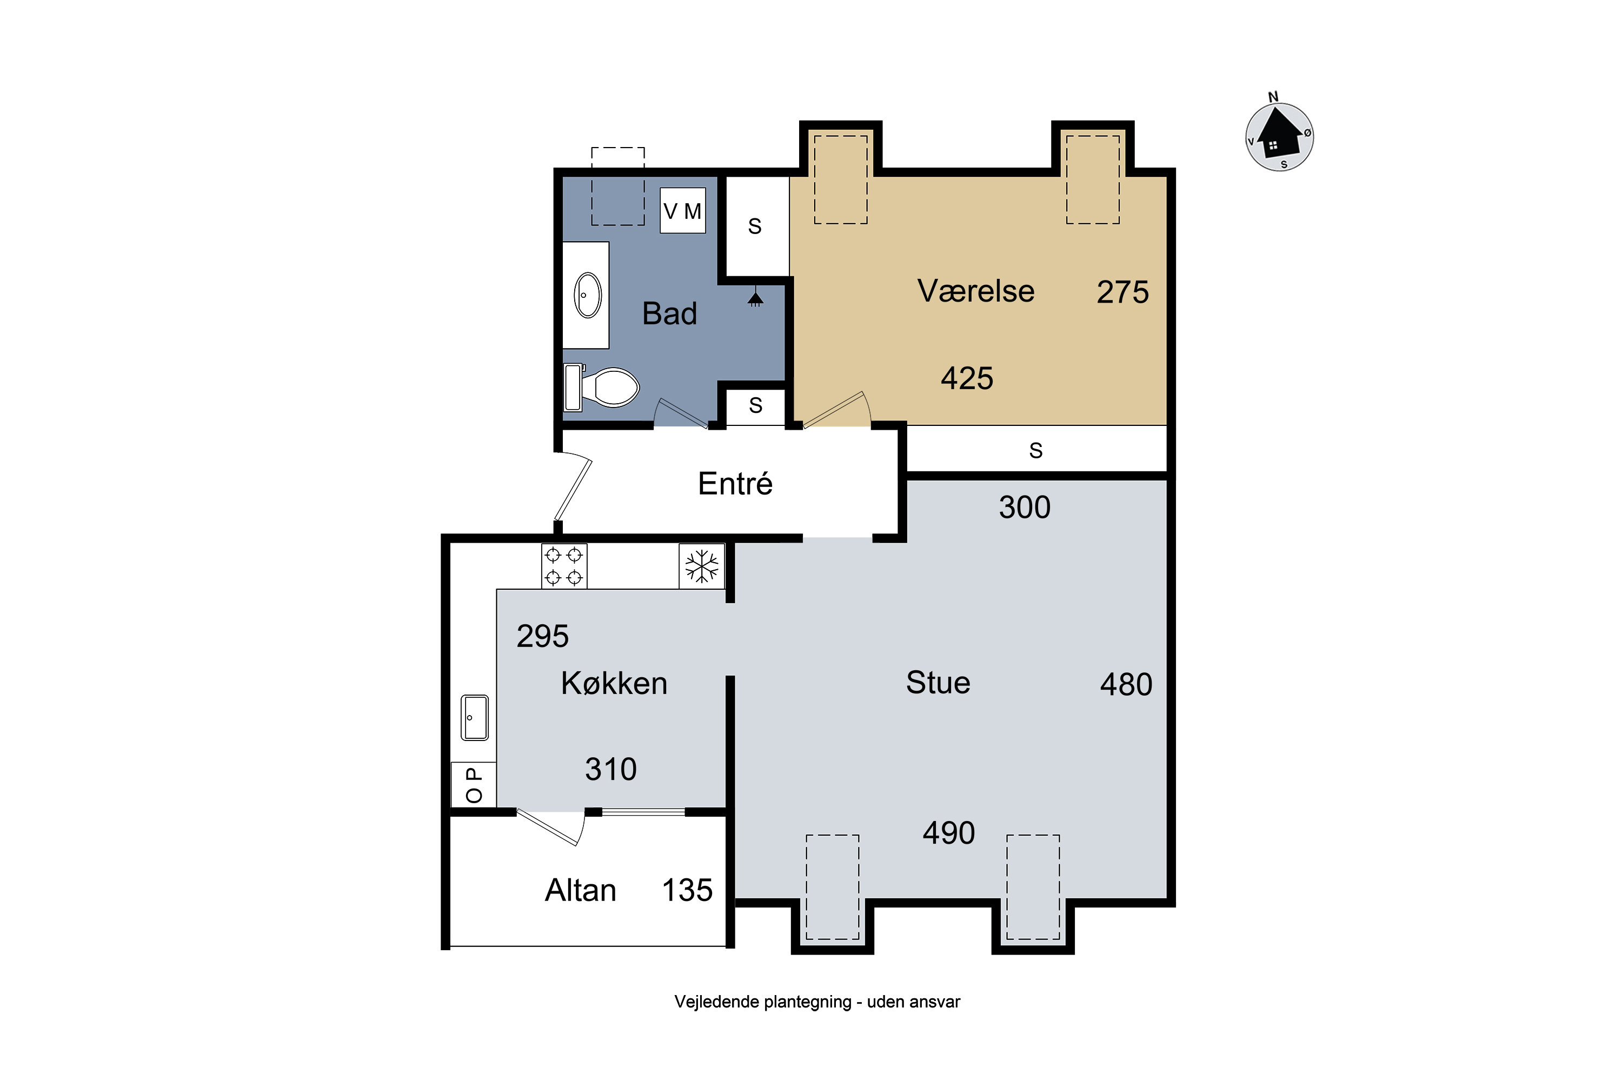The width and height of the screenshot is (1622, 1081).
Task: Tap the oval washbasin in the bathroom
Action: tap(588, 295)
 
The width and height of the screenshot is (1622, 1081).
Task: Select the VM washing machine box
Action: tap(683, 210)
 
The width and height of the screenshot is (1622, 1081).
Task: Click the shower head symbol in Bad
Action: tap(755, 298)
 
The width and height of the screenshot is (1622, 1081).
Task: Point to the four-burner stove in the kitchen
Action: tap(564, 566)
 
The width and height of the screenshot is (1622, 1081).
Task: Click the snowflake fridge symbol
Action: tap(701, 566)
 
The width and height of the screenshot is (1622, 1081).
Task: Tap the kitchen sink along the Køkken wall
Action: tap(475, 717)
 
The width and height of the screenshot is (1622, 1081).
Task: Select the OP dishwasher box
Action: tap(474, 785)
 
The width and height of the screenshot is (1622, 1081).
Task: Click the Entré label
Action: tap(735, 483)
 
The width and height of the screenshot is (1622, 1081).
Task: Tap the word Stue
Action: tap(938, 683)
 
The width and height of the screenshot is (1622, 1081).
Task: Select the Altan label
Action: tap(581, 890)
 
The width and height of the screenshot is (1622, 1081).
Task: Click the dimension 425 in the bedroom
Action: tap(967, 378)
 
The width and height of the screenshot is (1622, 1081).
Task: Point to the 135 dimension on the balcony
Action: tap(687, 890)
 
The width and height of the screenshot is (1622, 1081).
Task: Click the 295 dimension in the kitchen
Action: tap(543, 636)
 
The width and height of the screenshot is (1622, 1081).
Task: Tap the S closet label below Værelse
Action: tap(1036, 450)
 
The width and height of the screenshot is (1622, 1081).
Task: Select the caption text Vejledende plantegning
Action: tap(763, 1002)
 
